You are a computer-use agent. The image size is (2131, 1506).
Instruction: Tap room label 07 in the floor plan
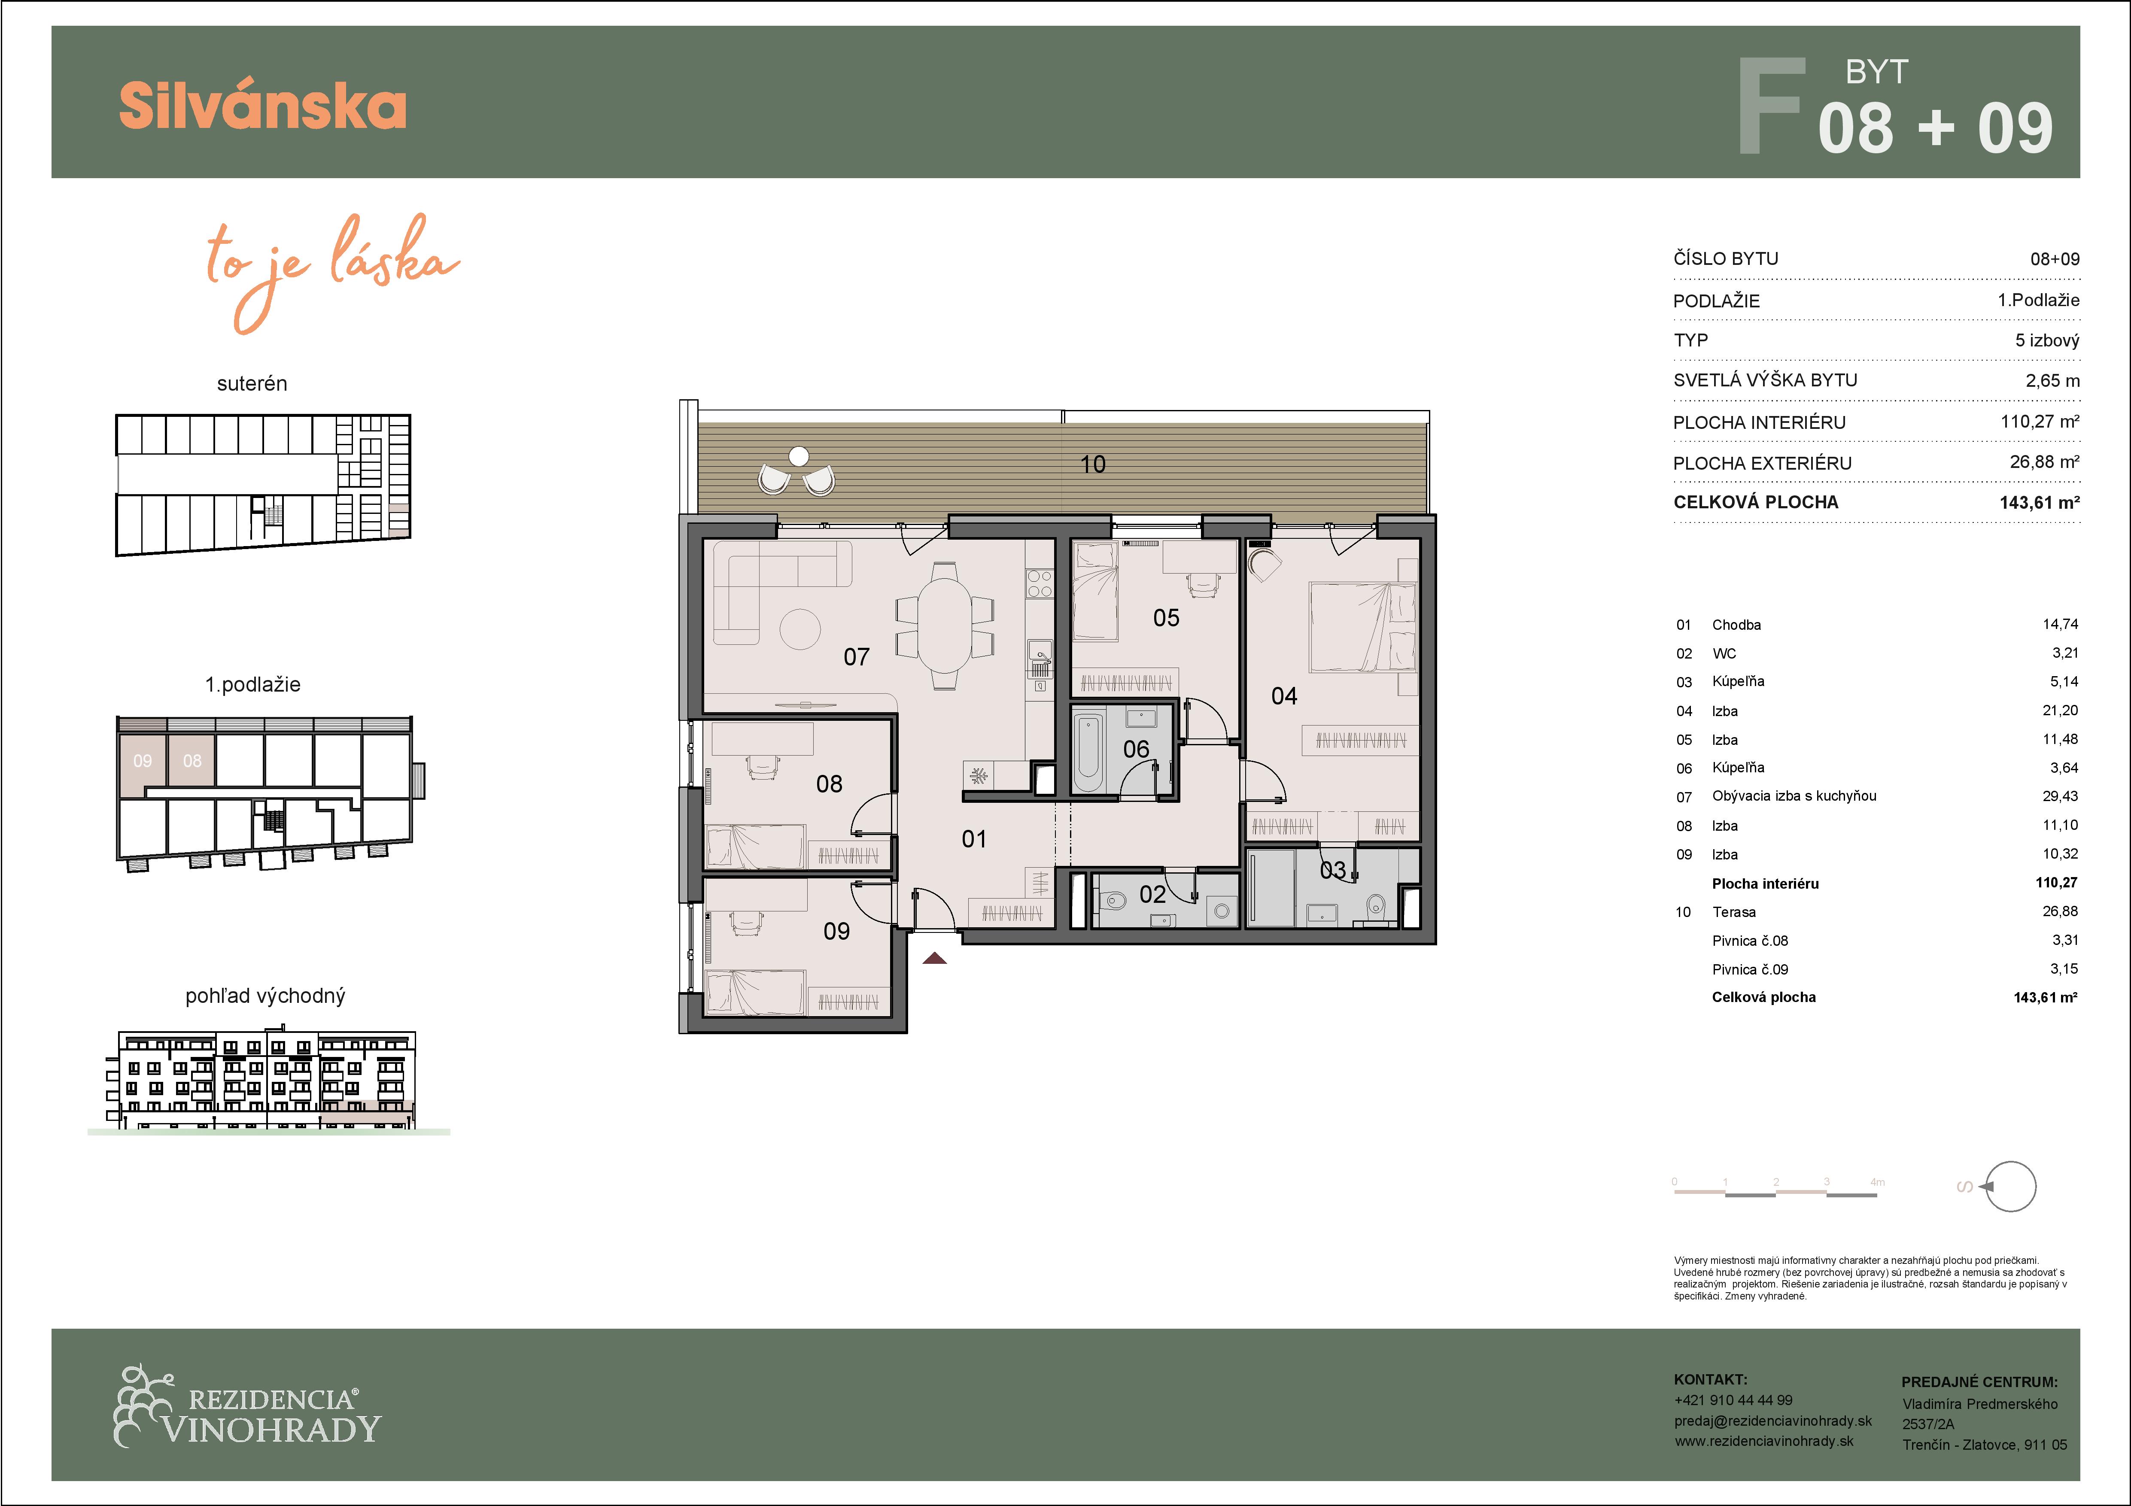856,657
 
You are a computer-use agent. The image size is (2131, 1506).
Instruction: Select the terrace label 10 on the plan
1092,464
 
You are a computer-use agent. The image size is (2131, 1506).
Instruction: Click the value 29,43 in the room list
2060,796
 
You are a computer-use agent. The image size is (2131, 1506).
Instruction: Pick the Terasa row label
1734,912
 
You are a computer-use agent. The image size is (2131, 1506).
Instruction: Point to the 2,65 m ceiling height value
2052,380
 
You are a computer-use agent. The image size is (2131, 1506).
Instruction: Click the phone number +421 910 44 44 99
1733,1400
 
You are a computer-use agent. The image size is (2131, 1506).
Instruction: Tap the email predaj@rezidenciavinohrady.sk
1773,1421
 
